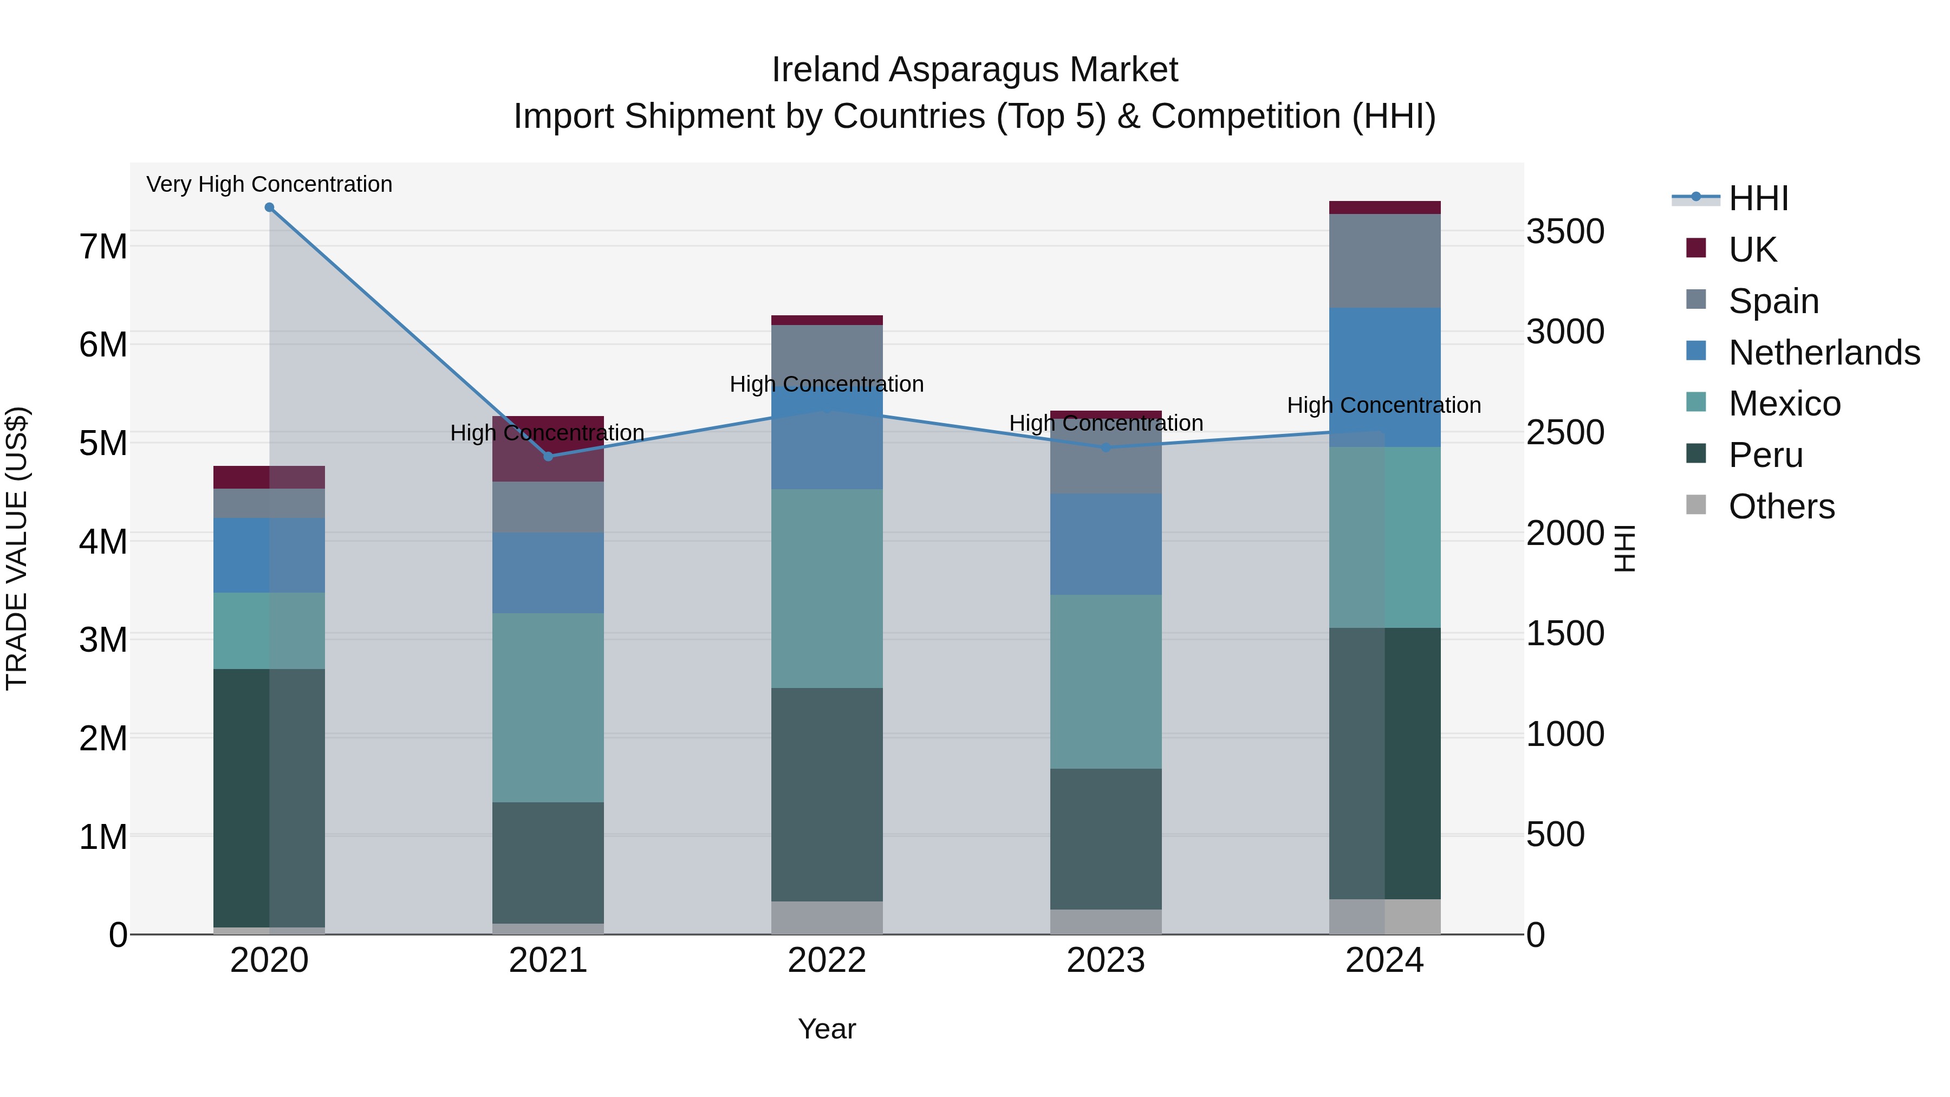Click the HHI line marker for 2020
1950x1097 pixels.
click(270, 207)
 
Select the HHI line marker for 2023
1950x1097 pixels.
click(1106, 447)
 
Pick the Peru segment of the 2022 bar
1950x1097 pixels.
click(827, 794)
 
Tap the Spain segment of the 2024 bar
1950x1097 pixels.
click(1384, 261)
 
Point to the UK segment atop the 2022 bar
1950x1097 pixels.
click(827, 320)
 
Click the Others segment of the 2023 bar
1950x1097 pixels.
click(1106, 921)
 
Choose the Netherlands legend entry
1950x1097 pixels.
click(1824, 353)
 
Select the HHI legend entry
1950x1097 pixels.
click(1758, 198)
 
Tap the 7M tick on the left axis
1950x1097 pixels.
click(103, 247)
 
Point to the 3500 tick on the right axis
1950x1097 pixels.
click(1565, 232)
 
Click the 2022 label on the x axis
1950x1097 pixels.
click(827, 960)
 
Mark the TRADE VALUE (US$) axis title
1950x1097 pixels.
click(17, 548)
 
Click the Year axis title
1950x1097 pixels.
click(827, 1029)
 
